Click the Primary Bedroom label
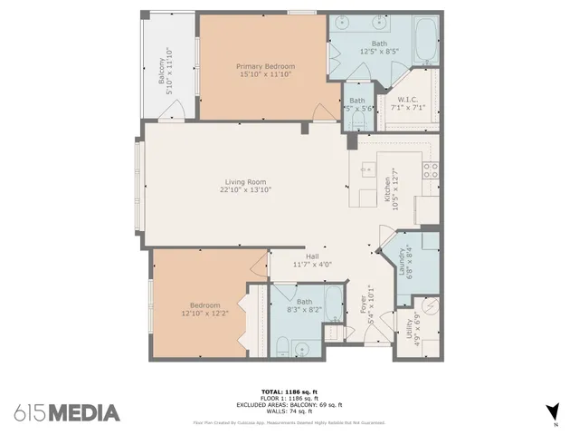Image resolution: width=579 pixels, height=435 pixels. tap(261, 66)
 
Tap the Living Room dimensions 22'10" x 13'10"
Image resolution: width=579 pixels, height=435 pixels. tap(245, 190)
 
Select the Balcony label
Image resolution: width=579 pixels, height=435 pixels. tap(163, 72)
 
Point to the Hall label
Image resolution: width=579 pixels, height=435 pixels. tap(312, 256)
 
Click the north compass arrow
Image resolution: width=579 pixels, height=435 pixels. tap(554, 409)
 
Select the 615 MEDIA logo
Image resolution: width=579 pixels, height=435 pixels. tap(67, 413)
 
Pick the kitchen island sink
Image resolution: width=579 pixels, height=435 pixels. tap(366, 168)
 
